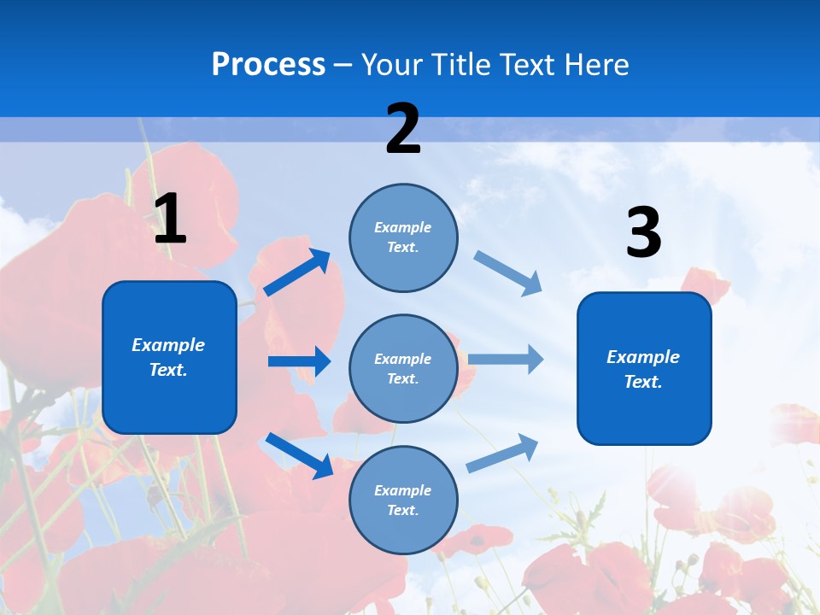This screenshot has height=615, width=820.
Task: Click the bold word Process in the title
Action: pos(268,65)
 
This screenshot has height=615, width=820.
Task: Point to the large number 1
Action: pos(170,220)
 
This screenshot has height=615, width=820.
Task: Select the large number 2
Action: pos(403,130)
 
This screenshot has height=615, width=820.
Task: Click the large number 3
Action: pos(643,233)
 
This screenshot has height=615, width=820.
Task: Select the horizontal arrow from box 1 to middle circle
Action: pos(299,361)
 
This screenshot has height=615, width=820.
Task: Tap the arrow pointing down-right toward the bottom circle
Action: pos(299,454)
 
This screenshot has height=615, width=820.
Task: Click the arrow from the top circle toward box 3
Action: pos(508,273)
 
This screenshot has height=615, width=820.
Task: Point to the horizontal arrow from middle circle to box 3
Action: pos(506,359)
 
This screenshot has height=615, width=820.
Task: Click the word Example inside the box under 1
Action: pos(168,345)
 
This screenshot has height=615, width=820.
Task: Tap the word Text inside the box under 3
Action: pos(642,382)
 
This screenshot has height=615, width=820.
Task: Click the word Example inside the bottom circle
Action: pos(402,490)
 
